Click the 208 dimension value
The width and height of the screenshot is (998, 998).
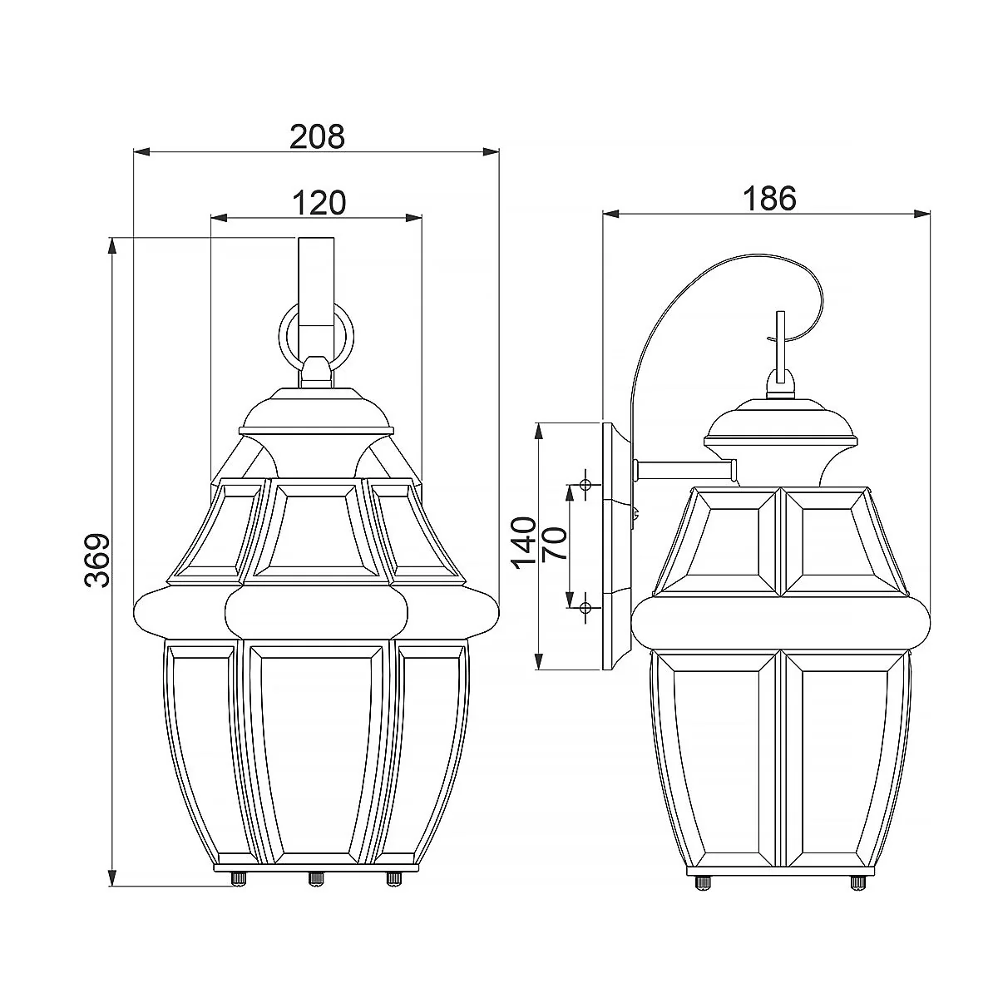click(x=317, y=136)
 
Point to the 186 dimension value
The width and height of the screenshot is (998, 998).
click(x=769, y=199)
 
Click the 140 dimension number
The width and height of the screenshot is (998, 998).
click(x=524, y=543)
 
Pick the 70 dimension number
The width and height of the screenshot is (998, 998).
click(x=554, y=543)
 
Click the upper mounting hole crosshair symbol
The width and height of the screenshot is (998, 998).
click(x=585, y=485)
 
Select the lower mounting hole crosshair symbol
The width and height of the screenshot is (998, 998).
click(x=585, y=607)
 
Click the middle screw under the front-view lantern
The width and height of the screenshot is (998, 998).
click(x=315, y=878)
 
